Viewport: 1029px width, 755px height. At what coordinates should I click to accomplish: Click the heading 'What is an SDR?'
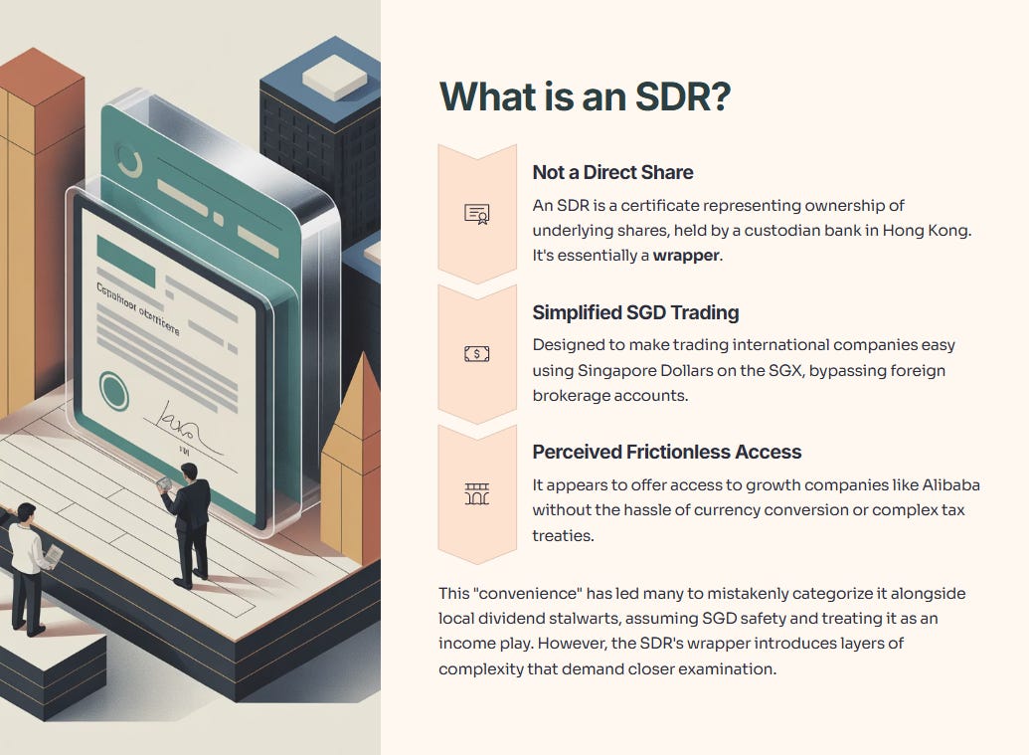tap(586, 96)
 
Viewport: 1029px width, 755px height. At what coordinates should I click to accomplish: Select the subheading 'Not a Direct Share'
tap(612, 172)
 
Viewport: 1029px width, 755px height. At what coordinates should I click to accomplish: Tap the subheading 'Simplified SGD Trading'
tap(635, 312)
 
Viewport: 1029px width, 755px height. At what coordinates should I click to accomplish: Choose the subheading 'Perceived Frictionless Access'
tap(666, 452)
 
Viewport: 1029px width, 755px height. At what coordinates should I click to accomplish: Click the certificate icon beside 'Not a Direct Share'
tap(477, 214)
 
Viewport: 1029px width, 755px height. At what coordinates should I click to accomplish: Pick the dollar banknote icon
tap(477, 353)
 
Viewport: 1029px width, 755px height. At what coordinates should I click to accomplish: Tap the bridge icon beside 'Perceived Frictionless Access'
tap(477, 493)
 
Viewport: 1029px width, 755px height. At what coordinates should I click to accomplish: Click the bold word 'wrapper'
tap(686, 256)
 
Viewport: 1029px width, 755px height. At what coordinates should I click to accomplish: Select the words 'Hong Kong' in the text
tap(929, 230)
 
